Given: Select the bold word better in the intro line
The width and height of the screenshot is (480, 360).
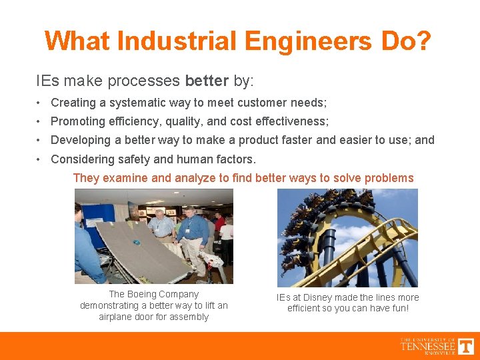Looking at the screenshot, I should (x=207, y=81).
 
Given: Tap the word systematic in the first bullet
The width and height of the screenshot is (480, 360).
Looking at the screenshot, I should (x=133, y=103).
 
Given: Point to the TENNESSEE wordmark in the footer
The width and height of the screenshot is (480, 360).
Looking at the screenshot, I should (x=427, y=346).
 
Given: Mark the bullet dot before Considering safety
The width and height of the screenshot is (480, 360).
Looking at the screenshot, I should (x=41, y=159).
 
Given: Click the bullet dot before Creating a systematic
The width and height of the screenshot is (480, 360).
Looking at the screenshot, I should (x=41, y=103).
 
